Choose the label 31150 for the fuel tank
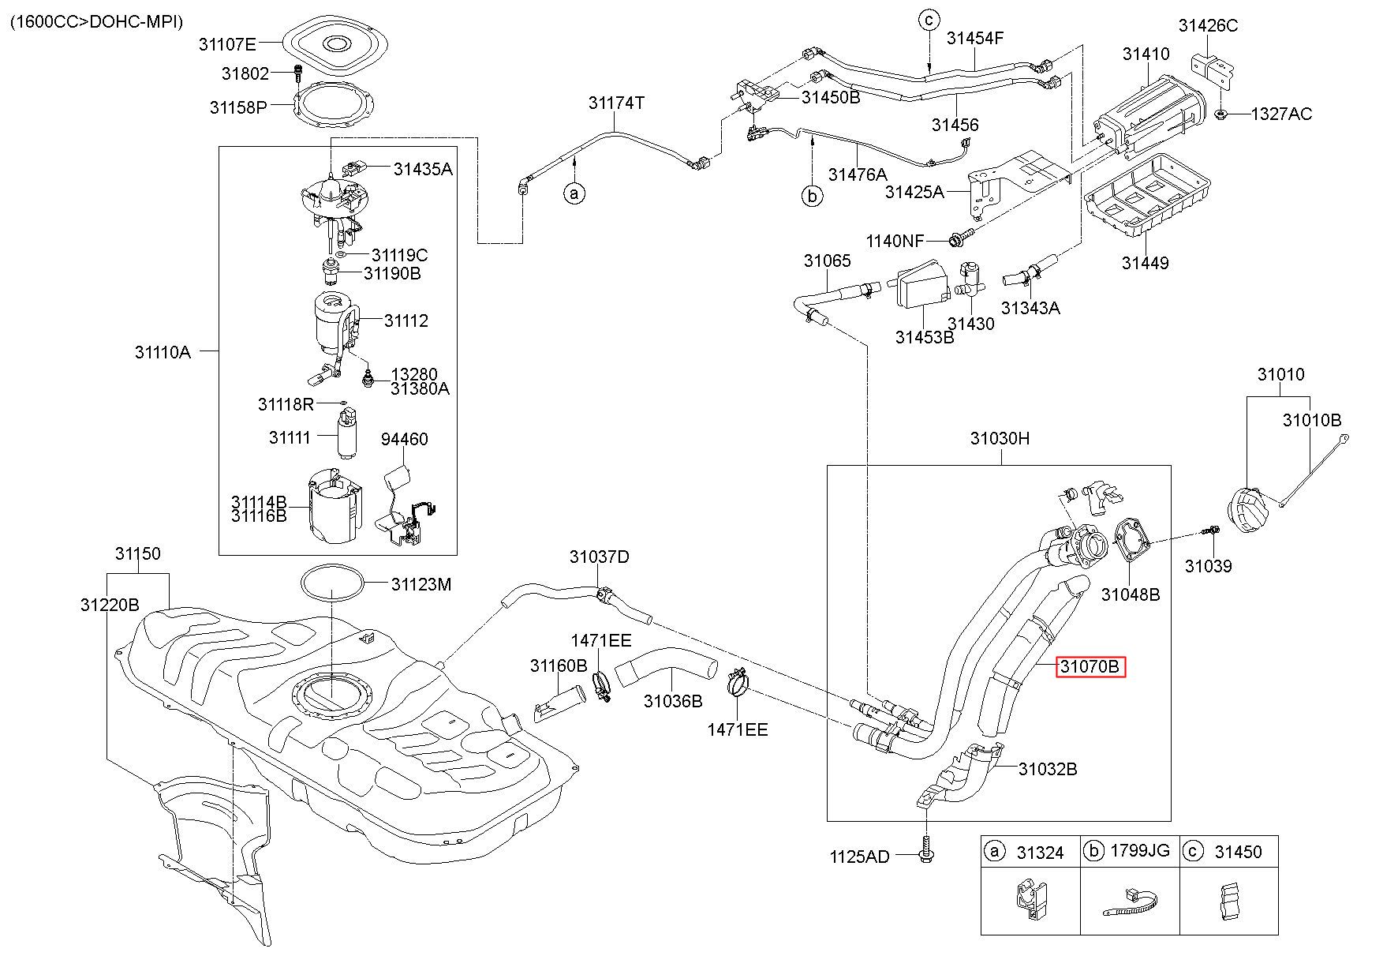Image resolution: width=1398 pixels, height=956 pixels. click(137, 554)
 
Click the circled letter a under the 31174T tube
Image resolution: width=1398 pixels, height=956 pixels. click(575, 193)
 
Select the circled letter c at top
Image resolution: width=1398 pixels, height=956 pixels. click(930, 19)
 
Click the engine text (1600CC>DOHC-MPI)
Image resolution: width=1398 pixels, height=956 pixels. click(96, 21)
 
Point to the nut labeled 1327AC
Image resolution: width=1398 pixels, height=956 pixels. click(1220, 114)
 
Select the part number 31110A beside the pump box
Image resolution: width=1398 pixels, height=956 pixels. click(163, 352)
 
